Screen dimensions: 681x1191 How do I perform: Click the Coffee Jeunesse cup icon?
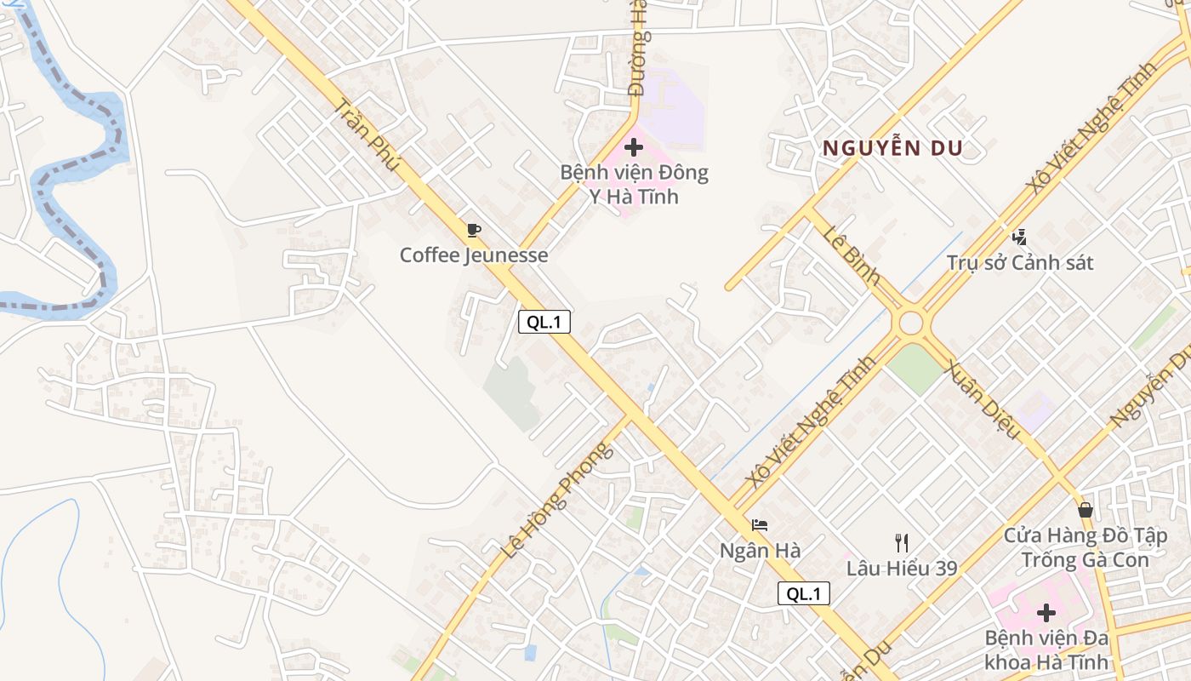[x=474, y=230]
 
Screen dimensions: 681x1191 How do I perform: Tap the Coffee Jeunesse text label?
[x=474, y=255]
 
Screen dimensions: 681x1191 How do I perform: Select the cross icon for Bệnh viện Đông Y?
[x=634, y=146]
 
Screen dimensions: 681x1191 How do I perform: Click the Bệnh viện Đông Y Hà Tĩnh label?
[x=634, y=185]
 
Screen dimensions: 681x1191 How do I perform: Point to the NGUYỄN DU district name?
[x=892, y=148]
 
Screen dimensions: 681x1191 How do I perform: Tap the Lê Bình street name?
[x=852, y=255]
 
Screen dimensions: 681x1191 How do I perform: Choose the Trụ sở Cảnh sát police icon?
[x=1019, y=237]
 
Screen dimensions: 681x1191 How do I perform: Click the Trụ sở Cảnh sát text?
[x=1020, y=262]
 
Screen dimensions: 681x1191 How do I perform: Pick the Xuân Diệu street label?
[x=983, y=399]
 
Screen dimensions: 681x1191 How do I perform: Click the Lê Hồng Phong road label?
[x=556, y=500]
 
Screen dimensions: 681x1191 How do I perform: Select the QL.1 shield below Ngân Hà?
[x=803, y=594]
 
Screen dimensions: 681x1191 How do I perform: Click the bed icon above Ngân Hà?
[x=760, y=525]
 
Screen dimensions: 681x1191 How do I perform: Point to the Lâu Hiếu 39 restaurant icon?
[x=902, y=542]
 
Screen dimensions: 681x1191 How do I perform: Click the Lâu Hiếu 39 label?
[x=902, y=568]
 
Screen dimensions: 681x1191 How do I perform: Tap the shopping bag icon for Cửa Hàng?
[x=1086, y=510]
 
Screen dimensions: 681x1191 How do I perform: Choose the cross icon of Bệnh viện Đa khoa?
[x=1046, y=612]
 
